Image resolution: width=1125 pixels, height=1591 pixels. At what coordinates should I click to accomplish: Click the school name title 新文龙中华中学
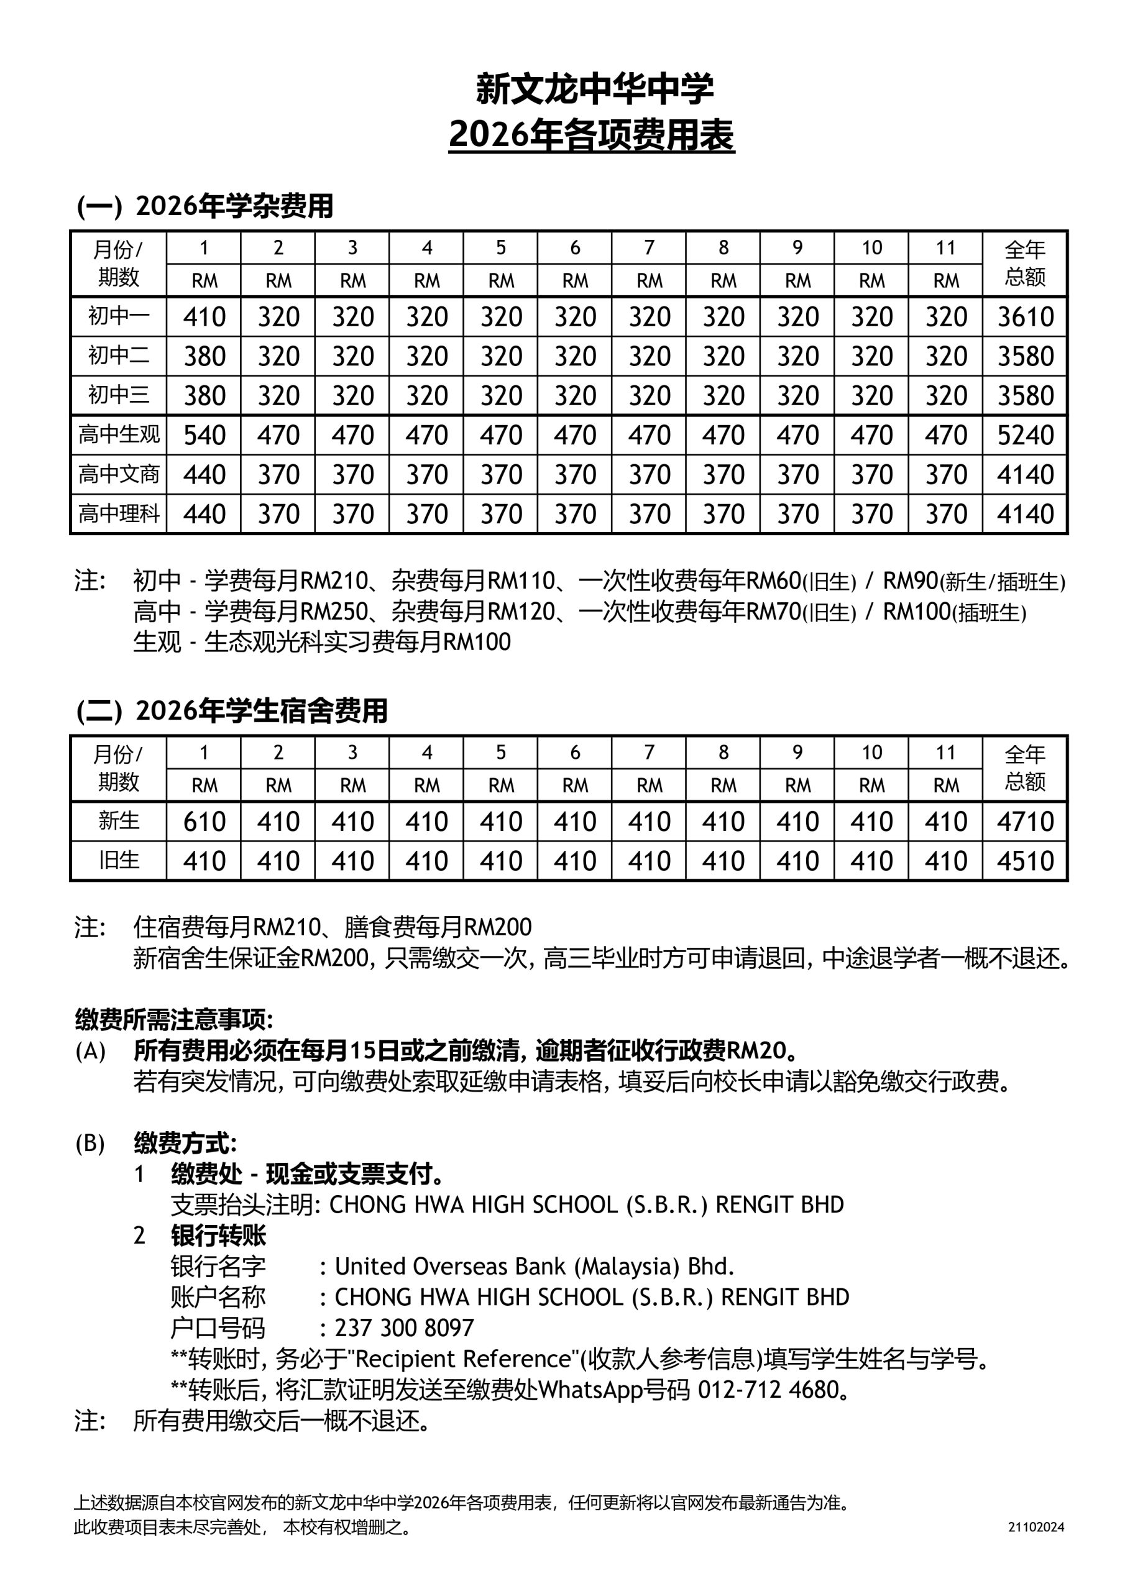pyautogui.click(x=594, y=89)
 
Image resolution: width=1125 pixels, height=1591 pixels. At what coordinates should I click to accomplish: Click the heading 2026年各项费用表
pyautogui.click(x=591, y=135)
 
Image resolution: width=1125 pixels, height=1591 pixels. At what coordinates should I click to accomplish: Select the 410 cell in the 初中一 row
pyautogui.click(x=204, y=318)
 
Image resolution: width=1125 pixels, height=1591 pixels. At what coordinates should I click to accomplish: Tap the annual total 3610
pyautogui.click(x=1025, y=318)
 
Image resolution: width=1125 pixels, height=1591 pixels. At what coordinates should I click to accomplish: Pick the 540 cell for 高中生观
pyautogui.click(x=204, y=435)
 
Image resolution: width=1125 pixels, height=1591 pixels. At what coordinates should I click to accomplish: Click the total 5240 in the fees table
pyautogui.click(x=1025, y=435)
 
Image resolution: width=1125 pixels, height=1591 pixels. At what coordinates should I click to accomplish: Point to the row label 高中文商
pyautogui.click(x=119, y=475)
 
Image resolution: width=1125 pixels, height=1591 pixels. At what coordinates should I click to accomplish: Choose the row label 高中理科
pyautogui.click(x=119, y=514)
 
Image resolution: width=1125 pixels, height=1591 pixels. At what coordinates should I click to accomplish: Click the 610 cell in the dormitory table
pyautogui.click(x=204, y=822)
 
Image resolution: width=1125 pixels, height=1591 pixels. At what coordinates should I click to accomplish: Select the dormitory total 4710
pyautogui.click(x=1025, y=822)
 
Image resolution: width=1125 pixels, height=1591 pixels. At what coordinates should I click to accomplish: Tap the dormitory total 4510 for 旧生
pyautogui.click(x=1025, y=861)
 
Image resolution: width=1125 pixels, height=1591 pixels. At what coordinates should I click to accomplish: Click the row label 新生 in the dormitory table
pyautogui.click(x=119, y=821)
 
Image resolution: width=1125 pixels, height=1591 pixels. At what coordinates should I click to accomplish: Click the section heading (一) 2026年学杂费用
pyautogui.click(x=205, y=206)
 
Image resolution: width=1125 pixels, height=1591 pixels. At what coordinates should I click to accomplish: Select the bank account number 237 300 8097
pyautogui.click(x=404, y=1327)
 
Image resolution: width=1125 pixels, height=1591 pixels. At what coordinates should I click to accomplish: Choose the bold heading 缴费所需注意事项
pyautogui.click(x=174, y=1019)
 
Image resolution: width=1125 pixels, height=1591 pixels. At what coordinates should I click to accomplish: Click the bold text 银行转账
pyautogui.click(x=218, y=1236)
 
